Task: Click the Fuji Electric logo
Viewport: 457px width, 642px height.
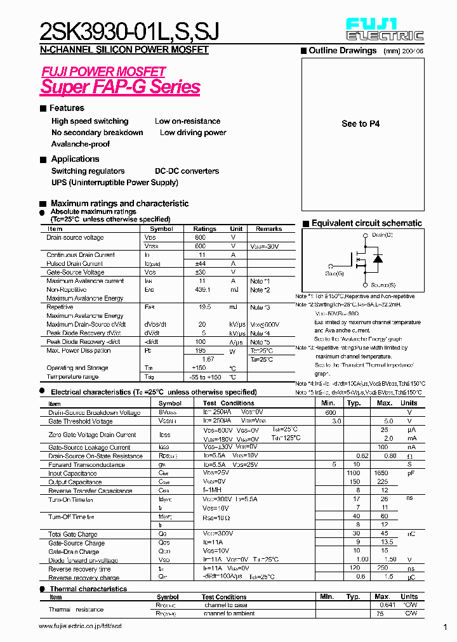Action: pyautogui.click(x=384, y=29)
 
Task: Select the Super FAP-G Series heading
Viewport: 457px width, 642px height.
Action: pyautogui.click(x=121, y=87)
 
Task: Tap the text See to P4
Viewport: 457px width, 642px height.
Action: pyautogui.click(x=361, y=124)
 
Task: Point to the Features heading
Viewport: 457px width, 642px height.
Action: pyautogui.click(x=66, y=108)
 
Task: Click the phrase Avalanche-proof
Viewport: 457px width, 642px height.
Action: pyautogui.click(x=81, y=144)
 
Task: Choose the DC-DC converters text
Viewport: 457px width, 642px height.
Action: pyautogui.click(x=187, y=171)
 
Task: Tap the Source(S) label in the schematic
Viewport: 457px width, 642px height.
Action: pyautogui.click(x=383, y=285)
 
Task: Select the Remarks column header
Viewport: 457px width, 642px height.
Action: pyautogui.click(x=268, y=229)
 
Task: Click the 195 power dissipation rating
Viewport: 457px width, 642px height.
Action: pyautogui.click(x=200, y=351)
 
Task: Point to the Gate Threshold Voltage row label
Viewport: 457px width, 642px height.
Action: pyautogui.click(x=81, y=421)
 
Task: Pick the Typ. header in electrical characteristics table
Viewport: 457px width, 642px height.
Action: pyautogui.click(x=354, y=403)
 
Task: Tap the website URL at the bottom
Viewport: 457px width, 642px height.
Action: pyautogui.click(x=80, y=626)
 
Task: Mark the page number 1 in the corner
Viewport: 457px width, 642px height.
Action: pyautogui.click(x=445, y=627)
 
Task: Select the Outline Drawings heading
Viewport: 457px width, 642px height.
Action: pyautogui.click(x=342, y=51)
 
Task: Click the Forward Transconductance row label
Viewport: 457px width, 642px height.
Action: pyautogui.click(x=87, y=465)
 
